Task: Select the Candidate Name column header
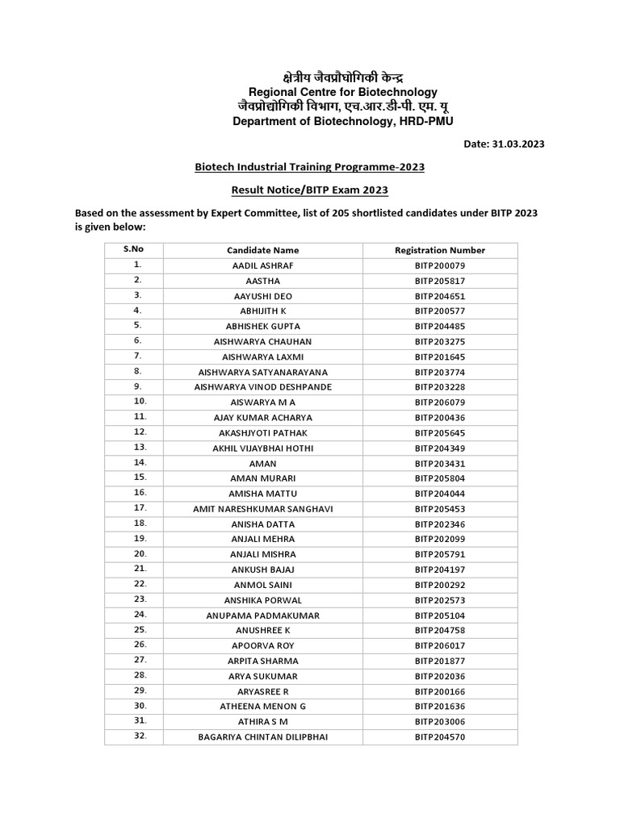coord(262,250)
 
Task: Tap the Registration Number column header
coord(440,250)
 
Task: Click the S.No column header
coord(133,249)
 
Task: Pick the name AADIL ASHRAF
coord(262,265)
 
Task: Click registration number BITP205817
coord(440,281)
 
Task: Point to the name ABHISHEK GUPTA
coord(262,327)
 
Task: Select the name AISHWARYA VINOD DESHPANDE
coord(262,387)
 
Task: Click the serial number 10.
coord(140,401)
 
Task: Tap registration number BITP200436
coord(440,418)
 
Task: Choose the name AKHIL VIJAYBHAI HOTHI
coord(262,448)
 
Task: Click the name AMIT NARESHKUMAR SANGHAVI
coord(262,509)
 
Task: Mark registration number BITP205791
coord(440,554)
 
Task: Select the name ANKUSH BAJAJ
coord(262,569)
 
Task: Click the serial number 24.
coord(140,614)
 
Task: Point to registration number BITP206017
coord(440,646)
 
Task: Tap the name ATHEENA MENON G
coord(262,707)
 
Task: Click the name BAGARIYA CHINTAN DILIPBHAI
coord(262,737)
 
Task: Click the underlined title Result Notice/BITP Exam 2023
coord(309,190)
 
